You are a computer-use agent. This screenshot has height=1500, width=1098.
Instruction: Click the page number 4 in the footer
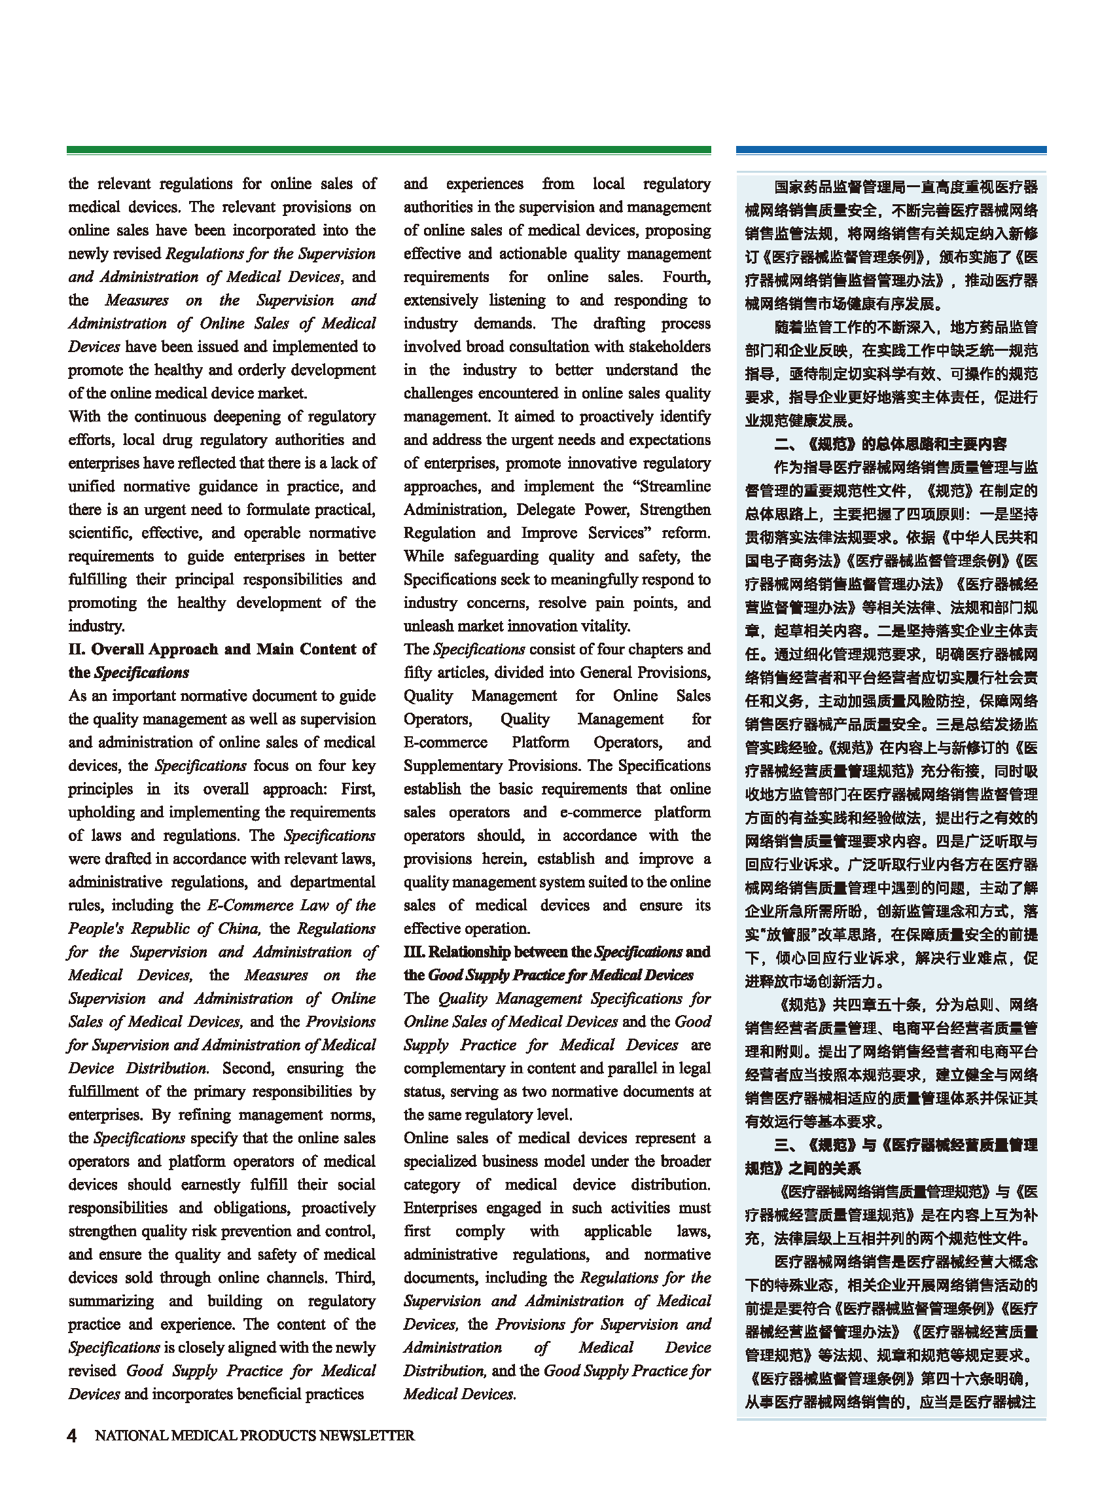(x=72, y=1435)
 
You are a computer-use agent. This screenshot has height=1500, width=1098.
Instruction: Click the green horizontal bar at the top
(x=388, y=151)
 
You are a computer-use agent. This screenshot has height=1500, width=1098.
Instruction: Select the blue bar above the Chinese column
(x=891, y=151)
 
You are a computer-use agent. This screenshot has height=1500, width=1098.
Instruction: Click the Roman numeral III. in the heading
(x=414, y=952)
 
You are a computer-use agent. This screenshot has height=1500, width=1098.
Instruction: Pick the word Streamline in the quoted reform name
(x=675, y=486)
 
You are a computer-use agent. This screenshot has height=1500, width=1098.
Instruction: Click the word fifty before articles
(x=417, y=673)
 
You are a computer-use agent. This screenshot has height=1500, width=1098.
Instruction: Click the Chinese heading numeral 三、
(x=788, y=1145)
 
